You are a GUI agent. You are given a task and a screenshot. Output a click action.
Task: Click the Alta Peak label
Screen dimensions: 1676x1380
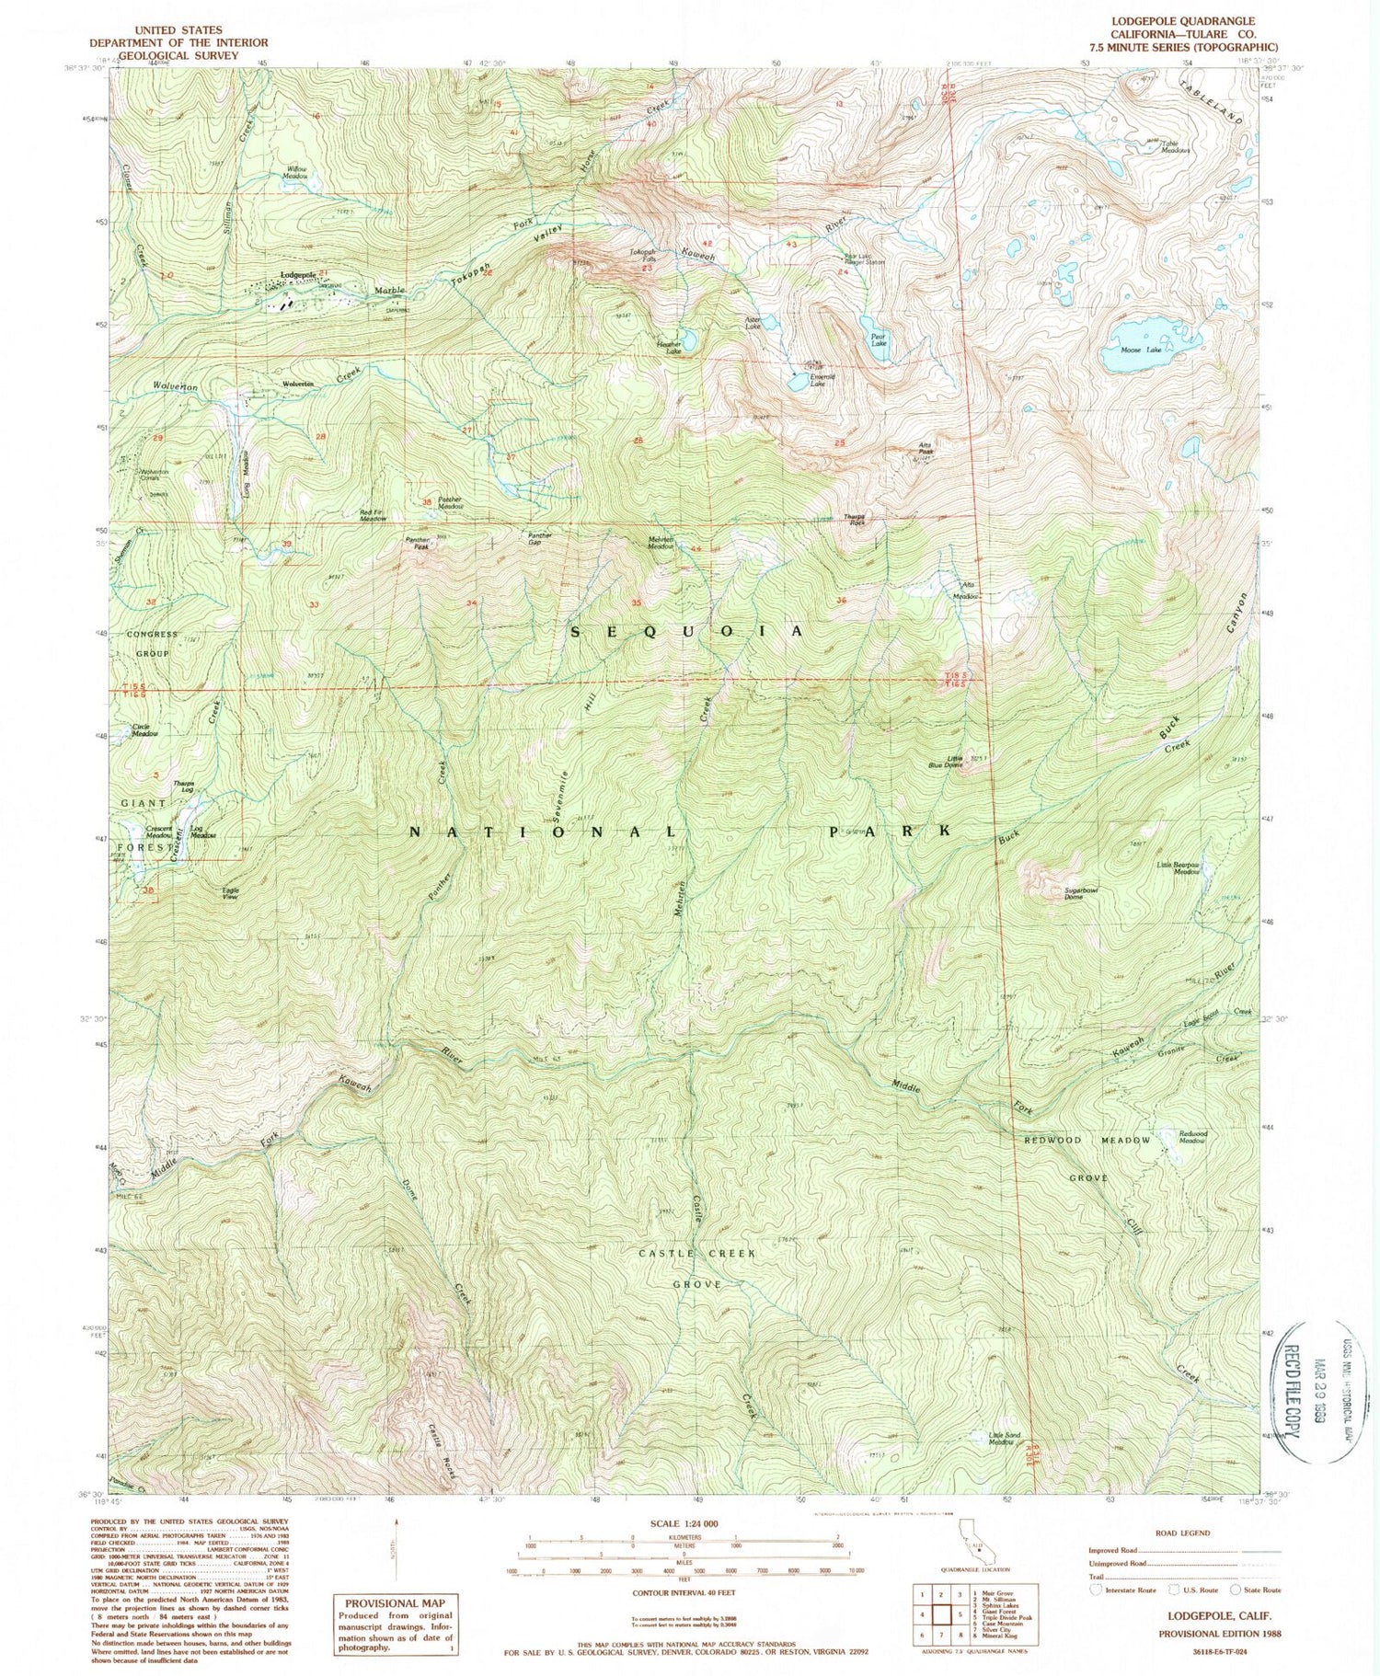(926, 450)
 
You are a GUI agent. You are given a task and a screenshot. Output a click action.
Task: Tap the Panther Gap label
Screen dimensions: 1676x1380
(539, 538)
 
